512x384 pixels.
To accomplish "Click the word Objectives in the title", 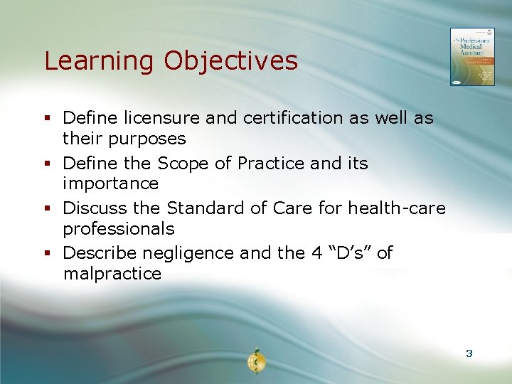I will pos(231,61).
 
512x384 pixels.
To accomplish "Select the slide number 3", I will pos(469,353).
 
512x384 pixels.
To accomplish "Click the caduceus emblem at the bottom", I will pos(256,361).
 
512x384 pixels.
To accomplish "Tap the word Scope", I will pos(183,164).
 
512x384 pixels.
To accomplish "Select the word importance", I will pos(110,183).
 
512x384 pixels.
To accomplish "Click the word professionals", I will pos(118,229).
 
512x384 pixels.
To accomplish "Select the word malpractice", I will pos(112,274).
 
